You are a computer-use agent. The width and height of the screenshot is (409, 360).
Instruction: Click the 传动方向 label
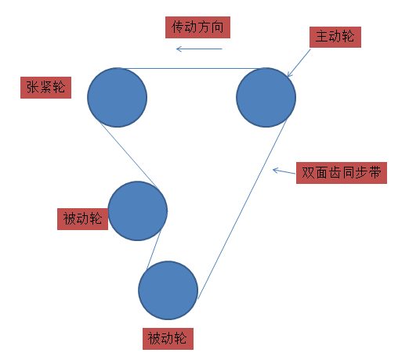tap(197, 27)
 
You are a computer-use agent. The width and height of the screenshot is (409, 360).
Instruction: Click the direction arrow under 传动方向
tap(199, 49)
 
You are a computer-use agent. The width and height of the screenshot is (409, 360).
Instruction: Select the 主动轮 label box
tap(335, 37)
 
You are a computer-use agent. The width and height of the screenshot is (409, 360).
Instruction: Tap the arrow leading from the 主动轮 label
tap(299, 63)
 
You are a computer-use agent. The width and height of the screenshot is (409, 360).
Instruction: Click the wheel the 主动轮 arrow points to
tap(266, 97)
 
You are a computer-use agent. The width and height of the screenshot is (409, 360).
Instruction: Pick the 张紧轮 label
tap(45, 88)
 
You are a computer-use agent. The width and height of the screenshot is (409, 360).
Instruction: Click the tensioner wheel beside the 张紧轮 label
tap(118, 97)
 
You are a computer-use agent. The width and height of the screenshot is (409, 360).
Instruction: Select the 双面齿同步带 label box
tap(342, 173)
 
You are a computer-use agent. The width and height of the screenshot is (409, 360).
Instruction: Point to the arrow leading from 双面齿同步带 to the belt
tap(284, 171)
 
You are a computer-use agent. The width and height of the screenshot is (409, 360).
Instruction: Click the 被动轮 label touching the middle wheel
tap(82, 219)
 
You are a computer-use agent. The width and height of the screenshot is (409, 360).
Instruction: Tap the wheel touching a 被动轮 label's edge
tap(138, 211)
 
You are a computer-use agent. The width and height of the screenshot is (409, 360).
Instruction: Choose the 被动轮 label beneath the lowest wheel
tap(168, 339)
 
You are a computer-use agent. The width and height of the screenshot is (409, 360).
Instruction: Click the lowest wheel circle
tap(168, 290)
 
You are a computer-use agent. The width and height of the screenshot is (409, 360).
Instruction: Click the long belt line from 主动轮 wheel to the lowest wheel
tap(242, 210)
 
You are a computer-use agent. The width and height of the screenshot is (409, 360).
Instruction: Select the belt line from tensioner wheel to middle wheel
tap(128, 155)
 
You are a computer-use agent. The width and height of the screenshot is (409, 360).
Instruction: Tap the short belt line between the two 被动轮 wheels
tap(154, 250)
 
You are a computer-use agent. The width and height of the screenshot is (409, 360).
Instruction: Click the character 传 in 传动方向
tap(178, 27)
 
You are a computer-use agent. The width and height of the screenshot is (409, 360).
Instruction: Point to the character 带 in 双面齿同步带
tap(375, 172)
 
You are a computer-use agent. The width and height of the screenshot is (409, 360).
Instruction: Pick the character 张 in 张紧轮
tap(32, 87)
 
